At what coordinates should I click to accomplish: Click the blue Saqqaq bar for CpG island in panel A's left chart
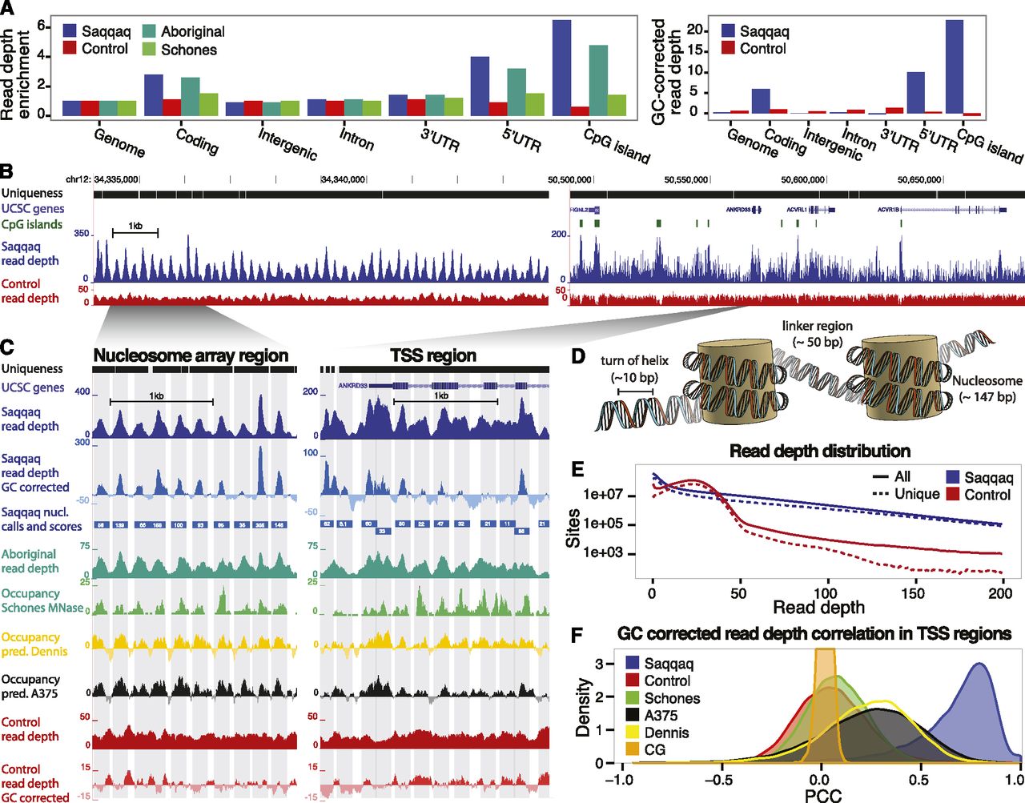tap(561, 69)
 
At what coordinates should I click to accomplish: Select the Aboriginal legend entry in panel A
tap(192, 32)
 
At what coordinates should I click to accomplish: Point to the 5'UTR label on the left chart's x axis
tap(521, 139)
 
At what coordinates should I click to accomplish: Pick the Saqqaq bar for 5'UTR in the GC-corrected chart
tap(915, 92)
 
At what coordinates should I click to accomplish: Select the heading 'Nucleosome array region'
tap(191, 355)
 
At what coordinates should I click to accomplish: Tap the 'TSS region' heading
tap(433, 355)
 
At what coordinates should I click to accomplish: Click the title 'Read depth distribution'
tap(820, 451)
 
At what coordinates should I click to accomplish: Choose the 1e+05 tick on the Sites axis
tap(605, 524)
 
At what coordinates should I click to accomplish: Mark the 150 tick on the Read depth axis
tap(913, 593)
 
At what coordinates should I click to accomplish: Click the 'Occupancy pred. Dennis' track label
tap(34, 644)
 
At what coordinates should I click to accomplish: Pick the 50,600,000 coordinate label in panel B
tap(802, 180)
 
